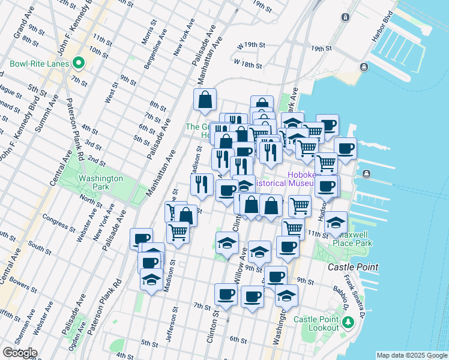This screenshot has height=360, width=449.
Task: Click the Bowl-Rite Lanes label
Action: [x=37, y=63]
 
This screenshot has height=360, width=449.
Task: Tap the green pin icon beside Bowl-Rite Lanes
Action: [x=78, y=63]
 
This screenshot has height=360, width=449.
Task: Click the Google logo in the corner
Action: [x=19, y=353]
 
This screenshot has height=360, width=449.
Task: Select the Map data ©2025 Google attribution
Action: [x=412, y=355]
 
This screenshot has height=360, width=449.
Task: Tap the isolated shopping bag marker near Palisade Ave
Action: [x=205, y=100]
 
